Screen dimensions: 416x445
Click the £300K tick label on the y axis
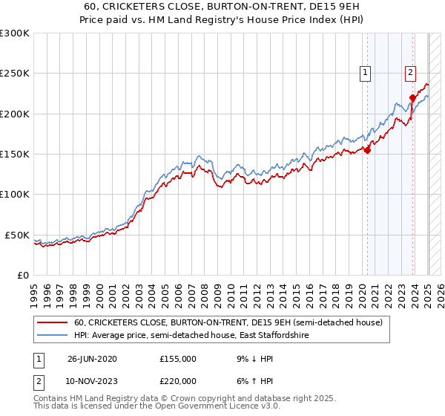pos(15,33)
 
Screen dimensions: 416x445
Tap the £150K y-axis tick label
pos(15,154)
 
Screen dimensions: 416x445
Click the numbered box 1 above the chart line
pos(366,73)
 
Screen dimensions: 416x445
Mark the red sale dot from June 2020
pos(367,150)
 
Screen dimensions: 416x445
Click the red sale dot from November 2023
pos(412,97)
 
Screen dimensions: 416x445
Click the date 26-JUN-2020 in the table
pos(92,359)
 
